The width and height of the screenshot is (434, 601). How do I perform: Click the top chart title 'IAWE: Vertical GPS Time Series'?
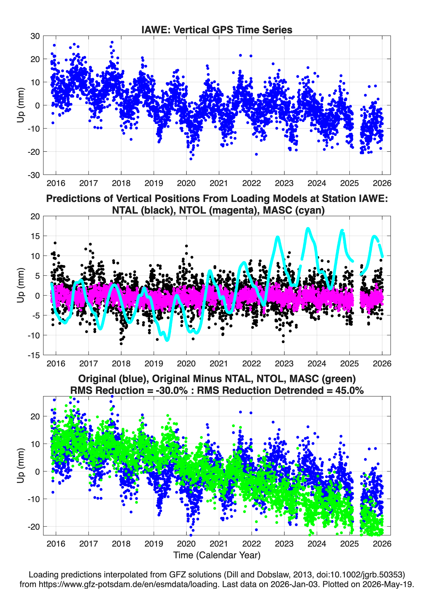click(217, 30)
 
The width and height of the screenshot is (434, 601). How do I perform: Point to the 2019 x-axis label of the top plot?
click(154, 183)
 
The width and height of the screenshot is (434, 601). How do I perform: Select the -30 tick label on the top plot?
click(34, 175)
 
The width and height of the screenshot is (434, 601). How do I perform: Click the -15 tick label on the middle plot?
click(34, 355)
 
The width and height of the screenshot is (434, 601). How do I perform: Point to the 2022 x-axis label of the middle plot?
click(251, 363)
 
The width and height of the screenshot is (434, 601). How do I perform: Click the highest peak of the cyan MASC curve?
click(308, 228)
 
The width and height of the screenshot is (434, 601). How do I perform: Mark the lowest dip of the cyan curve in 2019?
click(167, 340)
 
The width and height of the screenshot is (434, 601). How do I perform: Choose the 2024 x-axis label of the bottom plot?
click(317, 544)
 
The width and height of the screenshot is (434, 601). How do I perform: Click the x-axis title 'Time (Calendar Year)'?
click(217, 555)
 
